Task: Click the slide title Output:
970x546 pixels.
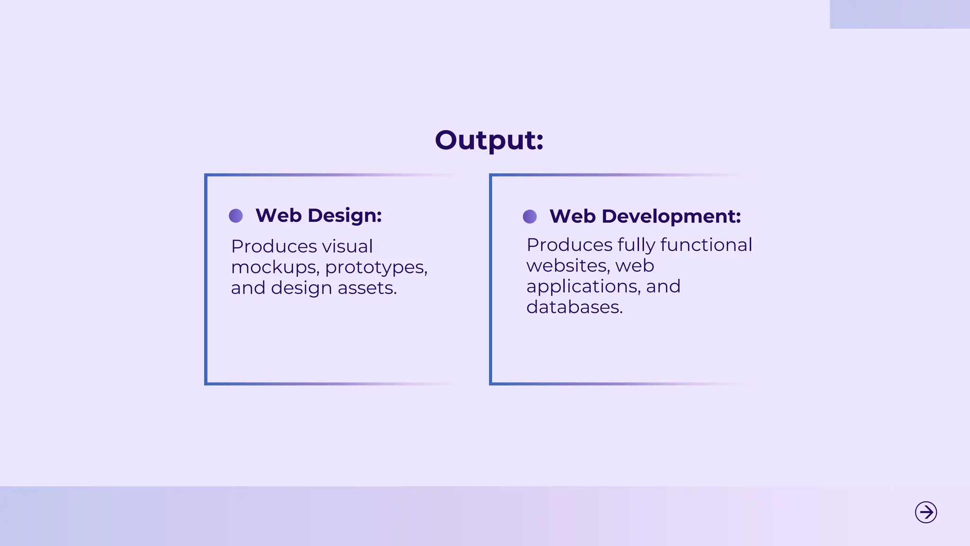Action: (489, 140)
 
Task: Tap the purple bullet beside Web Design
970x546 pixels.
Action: (236, 216)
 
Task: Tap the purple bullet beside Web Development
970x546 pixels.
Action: (530, 217)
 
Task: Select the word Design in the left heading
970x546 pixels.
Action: (344, 216)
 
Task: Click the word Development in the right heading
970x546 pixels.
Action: (671, 217)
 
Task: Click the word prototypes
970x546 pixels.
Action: (376, 268)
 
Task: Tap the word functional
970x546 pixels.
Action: (706, 245)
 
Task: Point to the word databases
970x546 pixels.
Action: (574, 308)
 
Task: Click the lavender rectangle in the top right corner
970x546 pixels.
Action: (899, 14)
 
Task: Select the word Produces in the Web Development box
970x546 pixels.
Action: (569, 245)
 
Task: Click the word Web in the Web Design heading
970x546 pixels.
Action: (278, 216)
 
